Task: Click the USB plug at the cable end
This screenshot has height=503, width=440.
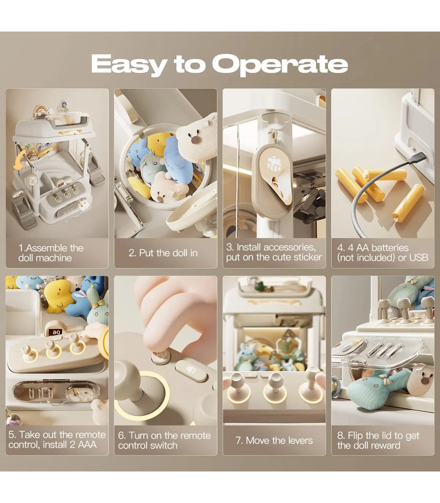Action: pos(418,160)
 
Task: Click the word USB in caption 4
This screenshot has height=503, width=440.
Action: pos(419,257)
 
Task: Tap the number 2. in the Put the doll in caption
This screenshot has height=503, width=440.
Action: pos(133,253)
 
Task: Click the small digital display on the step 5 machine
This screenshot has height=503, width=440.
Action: pos(56,332)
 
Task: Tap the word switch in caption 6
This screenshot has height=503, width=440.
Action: pos(164,445)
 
